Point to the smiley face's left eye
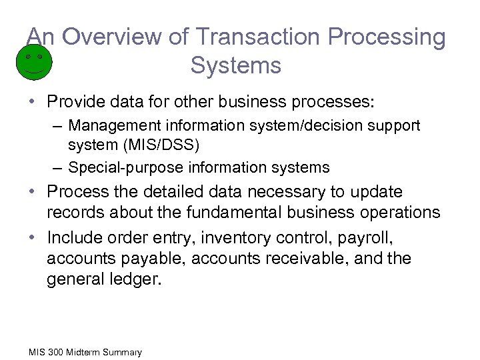click(x=27, y=57)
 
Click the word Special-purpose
click(x=117, y=167)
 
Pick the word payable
click(x=151, y=259)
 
